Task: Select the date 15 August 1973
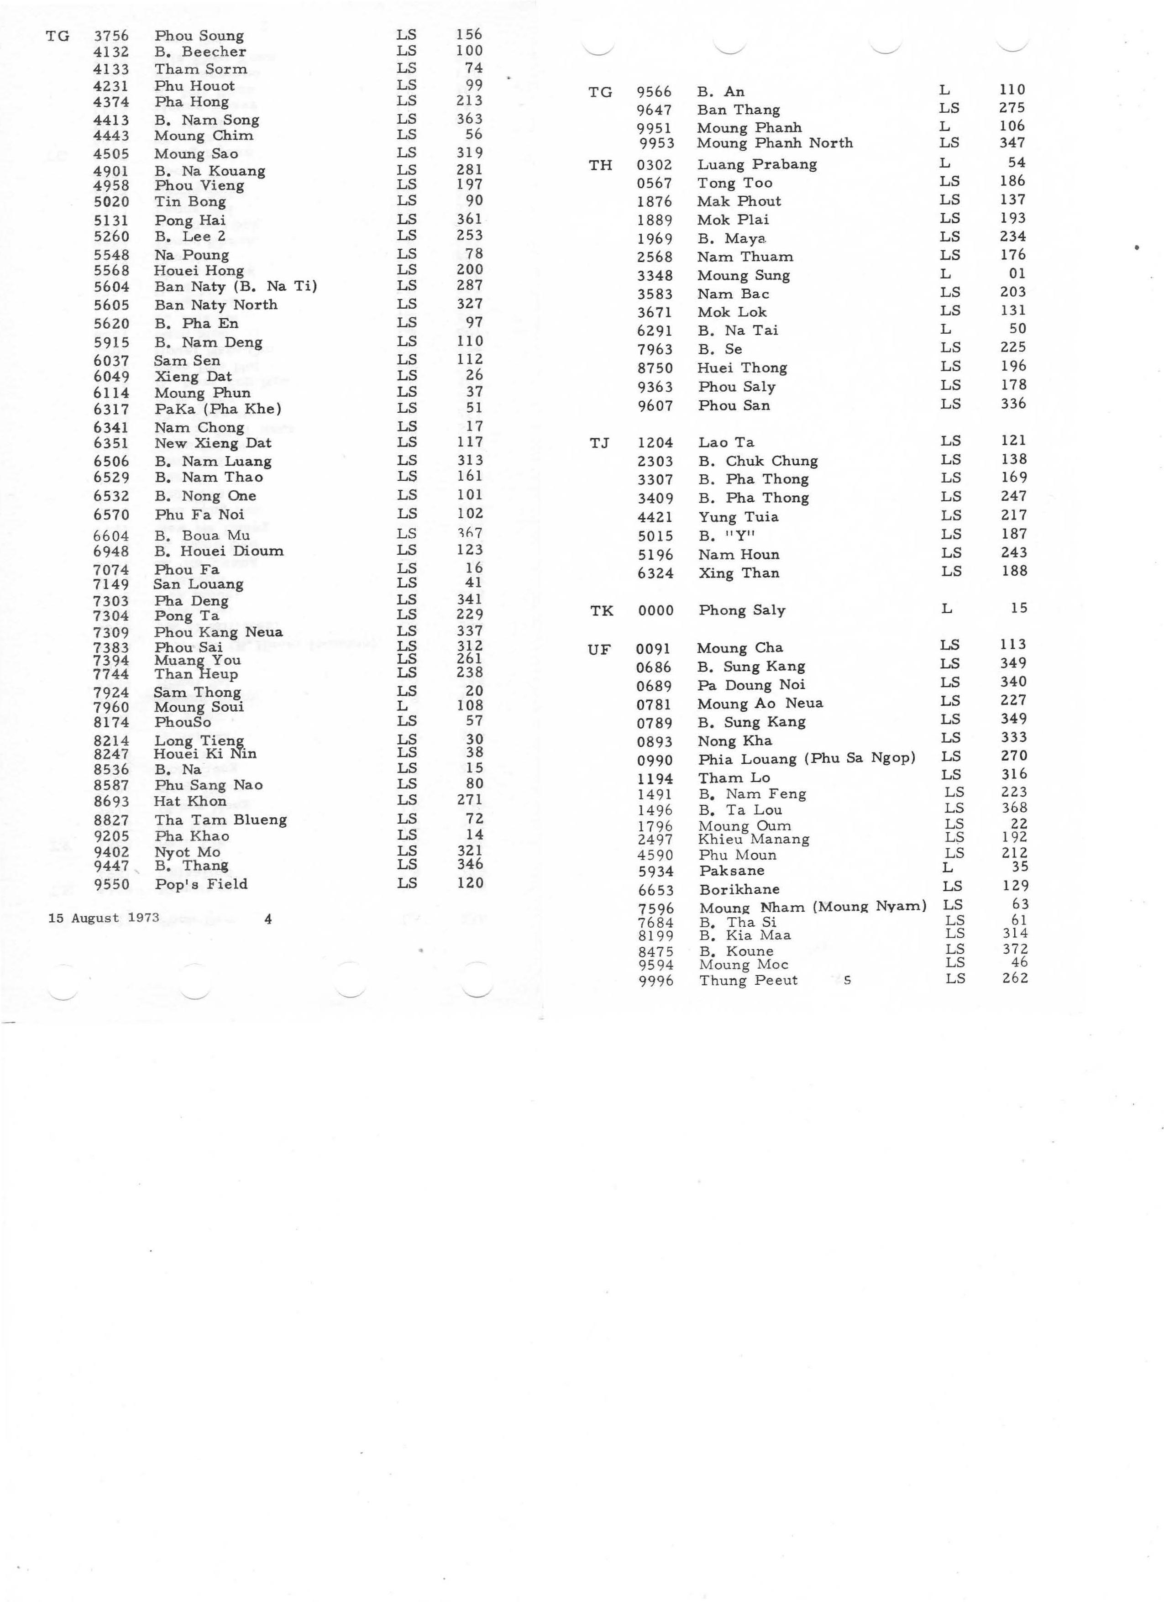click(103, 918)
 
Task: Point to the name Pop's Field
click(200, 884)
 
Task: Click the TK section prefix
click(601, 611)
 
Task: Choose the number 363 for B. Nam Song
click(469, 119)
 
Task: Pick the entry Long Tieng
click(199, 740)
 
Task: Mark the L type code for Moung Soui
click(402, 706)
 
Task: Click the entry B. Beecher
click(200, 52)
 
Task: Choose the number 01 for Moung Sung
click(1017, 273)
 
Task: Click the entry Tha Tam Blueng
click(220, 820)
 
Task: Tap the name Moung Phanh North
click(775, 143)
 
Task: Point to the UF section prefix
click(598, 649)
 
